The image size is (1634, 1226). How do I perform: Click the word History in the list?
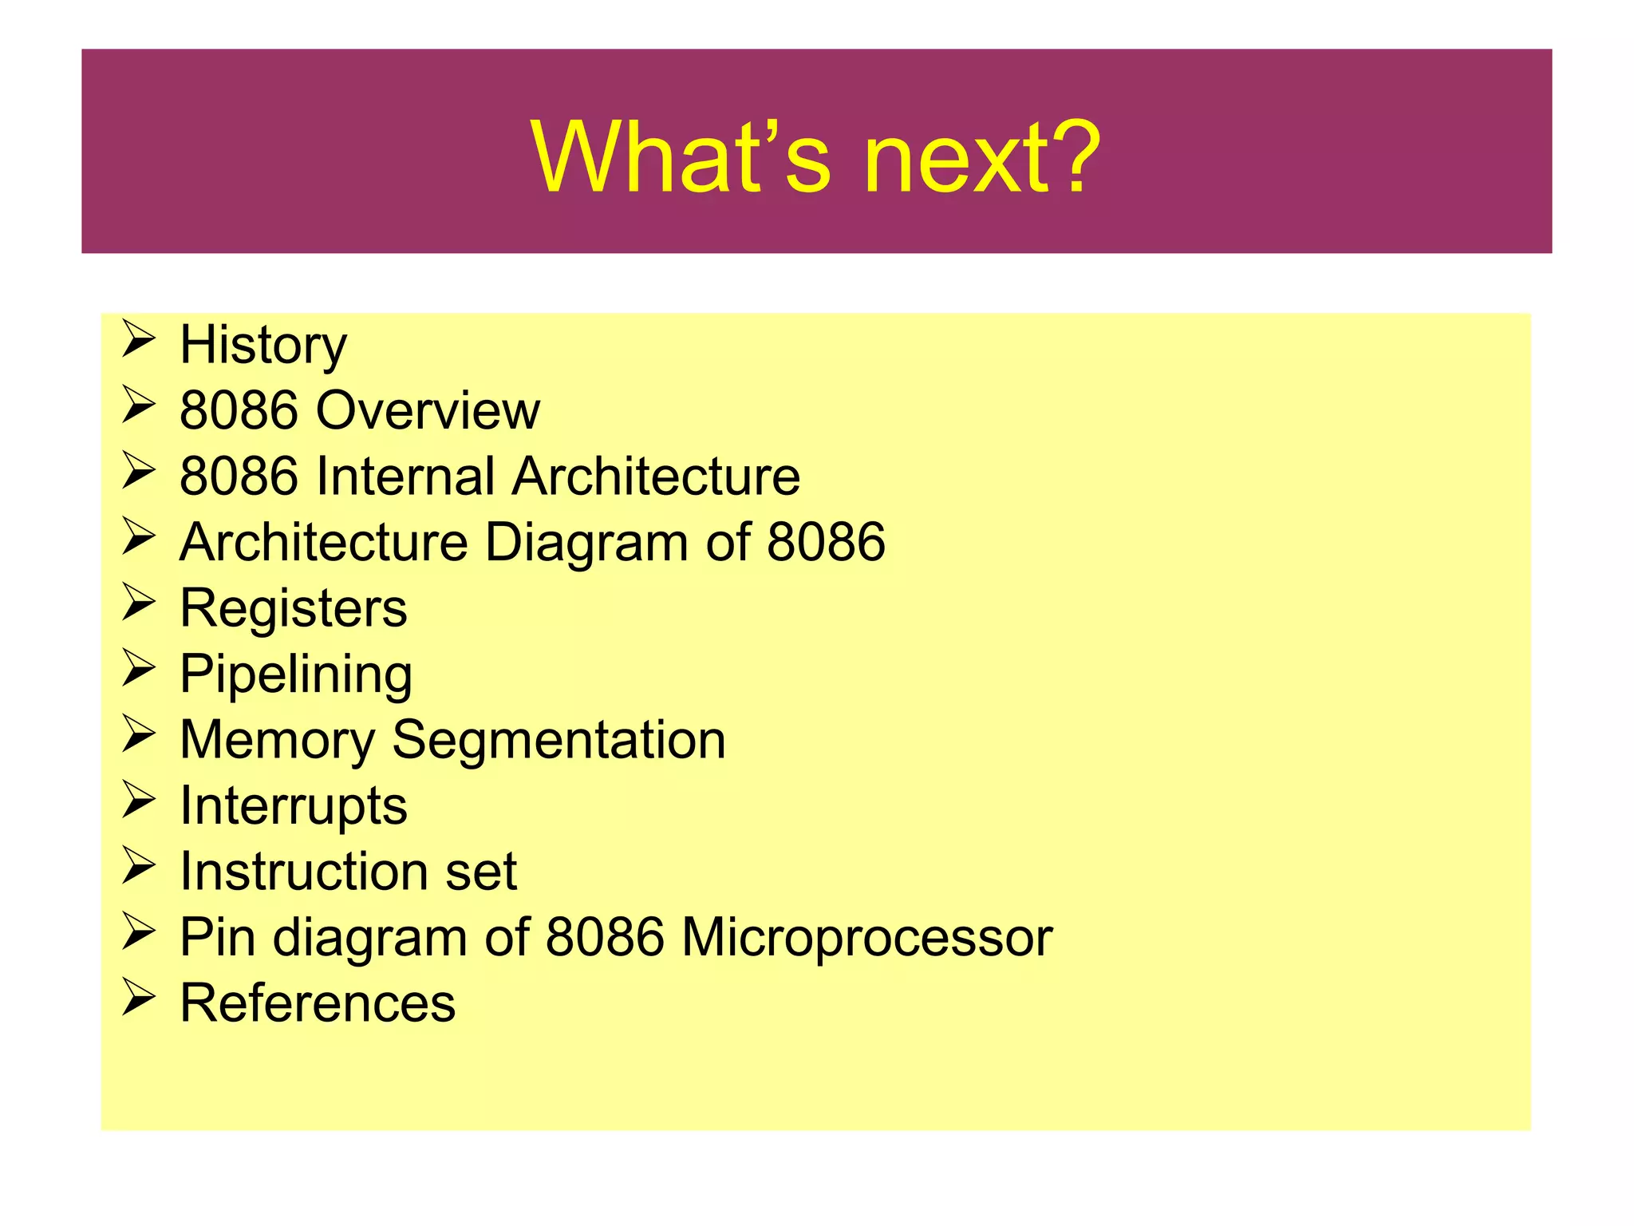pos(263,346)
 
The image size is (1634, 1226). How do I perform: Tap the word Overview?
pos(428,411)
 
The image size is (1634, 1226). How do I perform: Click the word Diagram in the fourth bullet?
pos(586,543)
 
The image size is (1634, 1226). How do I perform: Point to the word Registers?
pos(294,608)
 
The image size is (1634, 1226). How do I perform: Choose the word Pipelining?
pos(296,674)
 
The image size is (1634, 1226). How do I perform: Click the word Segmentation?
pos(558,740)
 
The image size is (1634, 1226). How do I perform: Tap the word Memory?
pos(277,740)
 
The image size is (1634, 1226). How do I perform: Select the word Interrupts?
pos(294,805)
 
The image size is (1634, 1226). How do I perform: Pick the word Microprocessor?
pos(866,937)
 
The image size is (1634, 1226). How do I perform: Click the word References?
pos(318,1003)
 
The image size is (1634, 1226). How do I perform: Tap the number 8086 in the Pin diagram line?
pos(605,937)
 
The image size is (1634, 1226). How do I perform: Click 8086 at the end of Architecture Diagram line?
pos(826,543)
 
